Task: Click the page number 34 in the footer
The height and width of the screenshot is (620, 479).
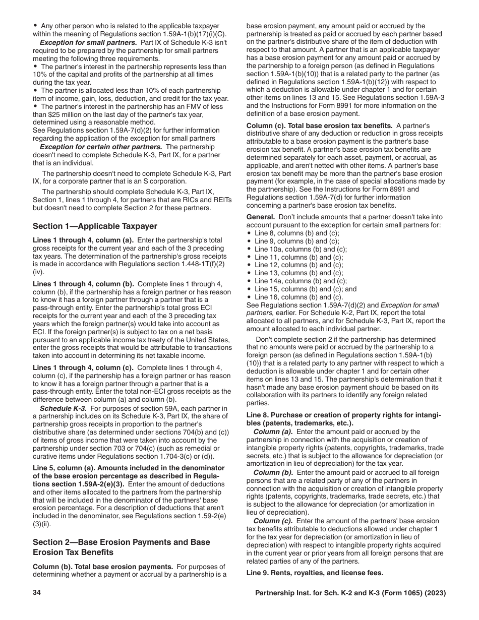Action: [36, 593]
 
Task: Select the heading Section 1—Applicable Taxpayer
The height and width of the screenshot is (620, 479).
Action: [95, 226]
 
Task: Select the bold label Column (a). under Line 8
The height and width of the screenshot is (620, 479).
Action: [273, 432]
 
